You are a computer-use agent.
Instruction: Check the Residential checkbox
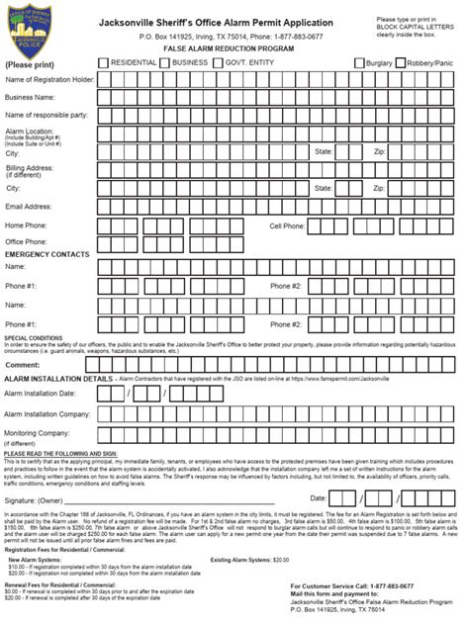106,62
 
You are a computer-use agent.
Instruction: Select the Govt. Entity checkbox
219,62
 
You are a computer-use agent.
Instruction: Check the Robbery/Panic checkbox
400,62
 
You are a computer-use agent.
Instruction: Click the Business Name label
30,98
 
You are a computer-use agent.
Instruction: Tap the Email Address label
28,207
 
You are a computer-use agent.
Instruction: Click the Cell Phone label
288,225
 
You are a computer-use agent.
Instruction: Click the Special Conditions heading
31,337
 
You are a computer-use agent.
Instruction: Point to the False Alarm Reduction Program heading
234,46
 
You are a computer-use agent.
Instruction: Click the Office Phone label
29,240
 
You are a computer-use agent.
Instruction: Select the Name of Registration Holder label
49,79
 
